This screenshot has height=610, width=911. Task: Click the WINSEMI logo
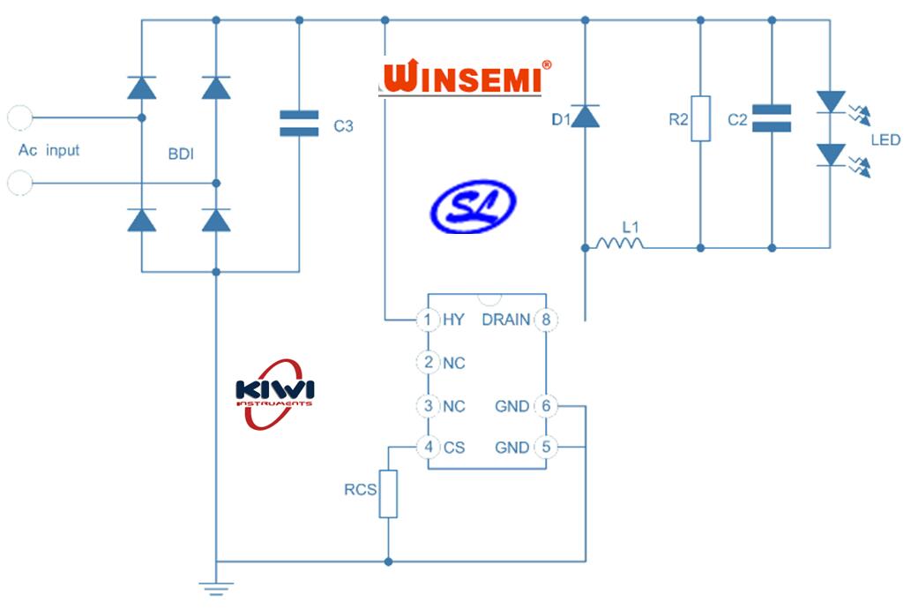tap(467, 78)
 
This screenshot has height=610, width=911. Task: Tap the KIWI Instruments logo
tap(275, 393)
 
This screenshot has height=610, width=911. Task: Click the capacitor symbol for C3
tap(298, 124)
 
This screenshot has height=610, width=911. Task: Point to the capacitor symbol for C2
tap(772, 118)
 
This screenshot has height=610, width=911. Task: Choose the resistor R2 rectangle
tap(700, 118)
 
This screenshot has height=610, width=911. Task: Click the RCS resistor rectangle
tap(388, 494)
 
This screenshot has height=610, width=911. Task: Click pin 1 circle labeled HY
tap(428, 320)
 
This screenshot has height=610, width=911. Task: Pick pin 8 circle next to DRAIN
tap(546, 320)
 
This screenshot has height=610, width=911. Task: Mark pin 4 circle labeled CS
tap(428, 448)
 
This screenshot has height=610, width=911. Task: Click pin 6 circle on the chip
tap(546, 406)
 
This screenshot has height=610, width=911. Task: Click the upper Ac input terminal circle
tap(19, 117)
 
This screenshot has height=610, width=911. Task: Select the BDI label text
tap(181, 154)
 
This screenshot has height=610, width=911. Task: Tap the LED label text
tap(885, 140)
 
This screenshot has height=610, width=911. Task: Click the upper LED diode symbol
tap(831, 102)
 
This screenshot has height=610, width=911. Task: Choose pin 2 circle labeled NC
tap(428, 362)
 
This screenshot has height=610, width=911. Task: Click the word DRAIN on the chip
tap(505, 320)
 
